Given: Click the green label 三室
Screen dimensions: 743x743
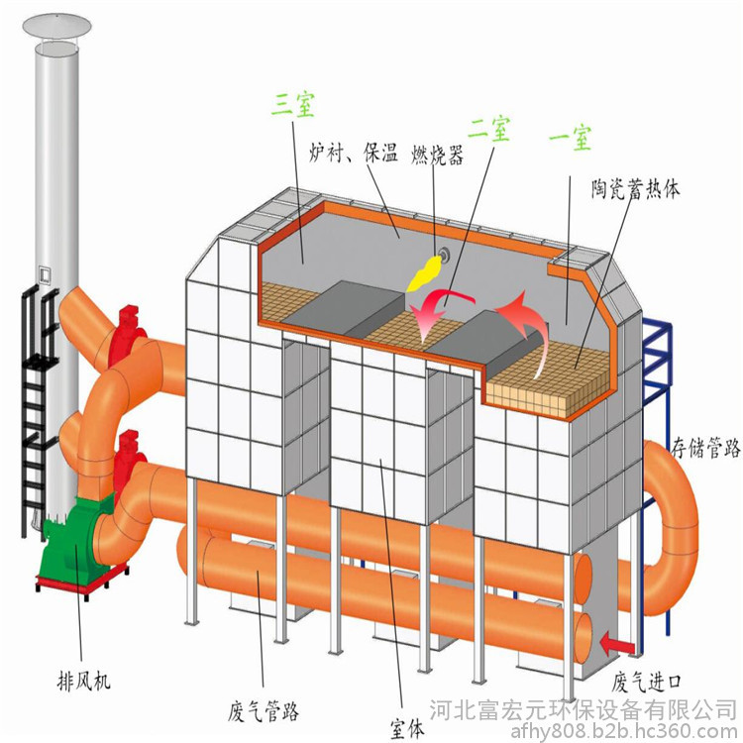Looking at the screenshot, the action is click(x=293, y=104).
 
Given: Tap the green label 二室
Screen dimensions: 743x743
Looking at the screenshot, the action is click(x=489, y=128).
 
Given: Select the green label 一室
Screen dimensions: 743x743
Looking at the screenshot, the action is click(x=570, y=138).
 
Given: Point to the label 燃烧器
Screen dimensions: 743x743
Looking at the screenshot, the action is click(x=437, y=154).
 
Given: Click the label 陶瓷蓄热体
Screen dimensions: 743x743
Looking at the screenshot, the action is click(x=635, y=188).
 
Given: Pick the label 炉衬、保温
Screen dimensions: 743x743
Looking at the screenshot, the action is click(x=353, y=153).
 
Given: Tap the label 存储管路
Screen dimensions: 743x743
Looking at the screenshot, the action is click(x=705, y=448).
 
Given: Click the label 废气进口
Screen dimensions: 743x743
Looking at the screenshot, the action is click(x=646, y=683).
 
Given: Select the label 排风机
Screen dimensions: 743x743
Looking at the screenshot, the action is click(x=83, y=682).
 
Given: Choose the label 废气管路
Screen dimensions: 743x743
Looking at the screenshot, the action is click(x=263, y=710).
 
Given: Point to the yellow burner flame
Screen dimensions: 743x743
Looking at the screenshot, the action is click(x=425, y=273).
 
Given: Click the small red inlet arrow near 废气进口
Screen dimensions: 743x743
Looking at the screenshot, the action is click(x=617, y=645).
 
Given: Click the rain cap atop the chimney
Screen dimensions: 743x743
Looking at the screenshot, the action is click(x=56, y=25).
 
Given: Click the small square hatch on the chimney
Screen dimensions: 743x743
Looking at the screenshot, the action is click(x=45, y=274).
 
